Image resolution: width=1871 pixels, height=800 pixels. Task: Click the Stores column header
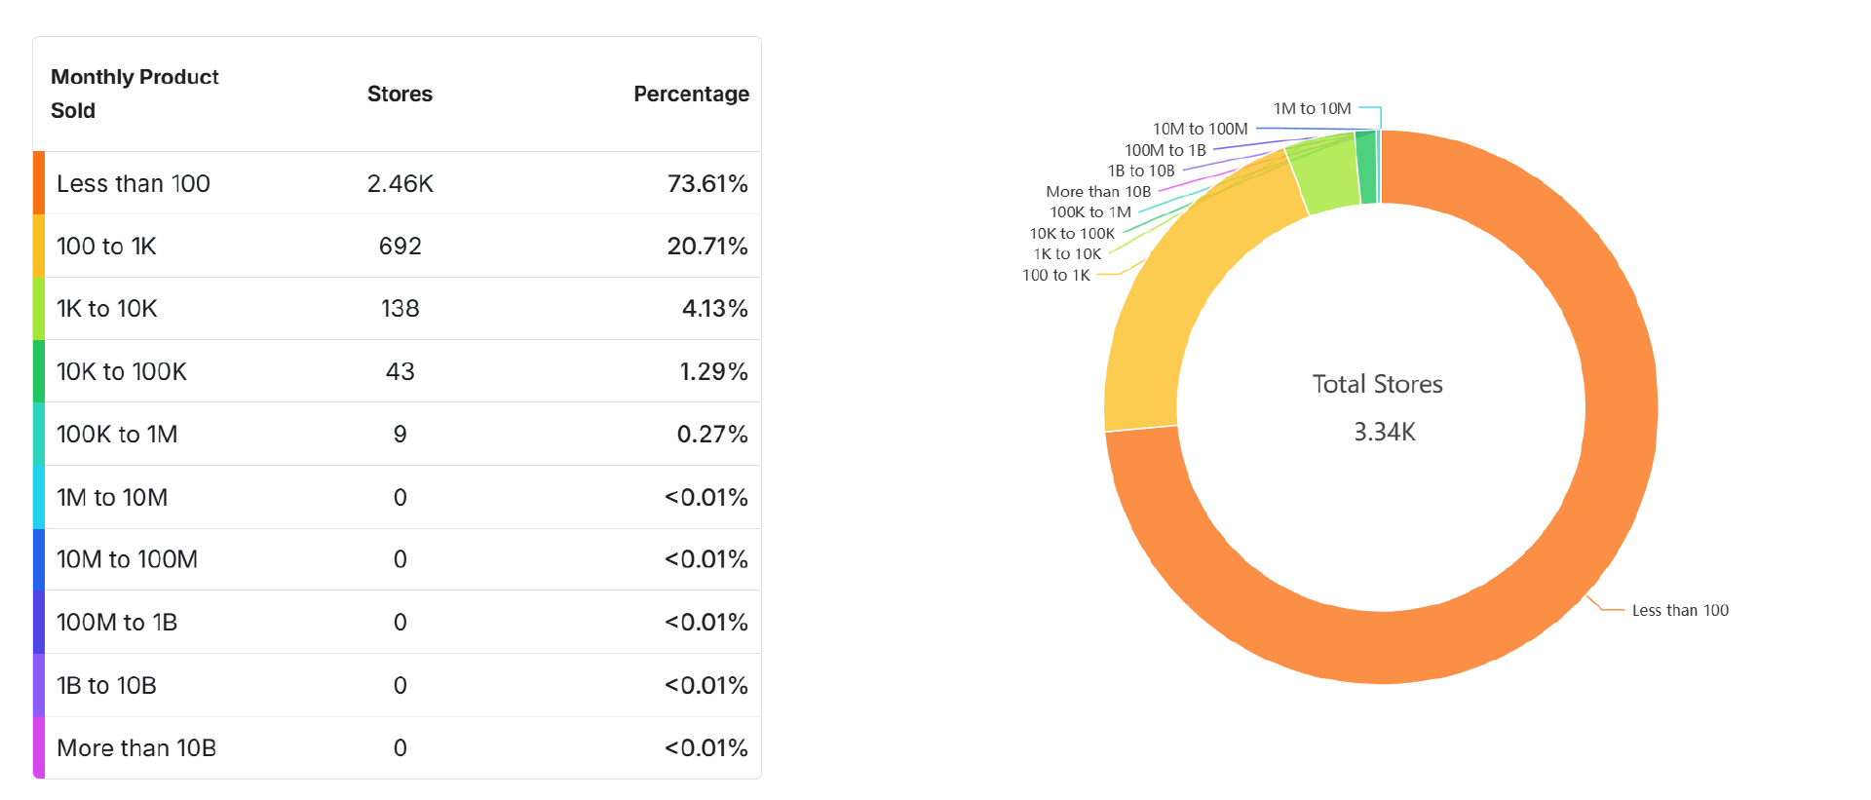click(x=400, y=95)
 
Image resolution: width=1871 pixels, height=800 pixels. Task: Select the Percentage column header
click(x=691, y=95)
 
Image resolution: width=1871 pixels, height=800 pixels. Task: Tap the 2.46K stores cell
click(x=400, y=184)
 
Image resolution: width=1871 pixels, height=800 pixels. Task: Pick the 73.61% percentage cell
click(x=707, y=184)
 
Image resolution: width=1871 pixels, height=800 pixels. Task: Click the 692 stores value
click(x=400, y=247)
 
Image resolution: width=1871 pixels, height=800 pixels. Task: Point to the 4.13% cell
click(x=714, y=309)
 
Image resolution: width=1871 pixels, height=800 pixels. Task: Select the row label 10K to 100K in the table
click(x=122, y=372)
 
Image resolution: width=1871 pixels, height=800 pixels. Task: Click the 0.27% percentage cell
click(x=712, y=435)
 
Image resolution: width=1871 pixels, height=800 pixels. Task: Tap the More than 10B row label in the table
click(x=136, y=748)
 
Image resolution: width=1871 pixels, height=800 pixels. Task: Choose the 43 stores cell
click(x=400, y=372)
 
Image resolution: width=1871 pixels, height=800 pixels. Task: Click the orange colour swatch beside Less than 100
click(x=39, y=183)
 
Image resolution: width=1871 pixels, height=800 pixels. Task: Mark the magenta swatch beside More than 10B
click(x=39, y=748)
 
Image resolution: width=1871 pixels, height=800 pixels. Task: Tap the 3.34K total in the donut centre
click(x=1384, y=433)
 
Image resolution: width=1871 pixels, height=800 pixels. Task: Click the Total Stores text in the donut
click(x=1377, y=385)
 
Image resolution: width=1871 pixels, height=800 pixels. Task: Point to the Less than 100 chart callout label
click(x=1680, y=611)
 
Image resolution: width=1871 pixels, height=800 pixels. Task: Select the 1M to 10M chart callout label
click(x=1312, y=109)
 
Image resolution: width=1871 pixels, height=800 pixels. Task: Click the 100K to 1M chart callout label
click(x=1090, y=212)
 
